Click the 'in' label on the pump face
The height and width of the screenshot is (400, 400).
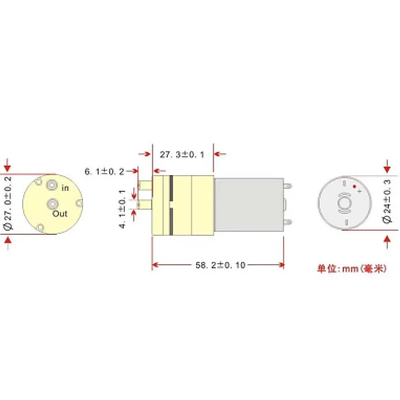click(65, 188)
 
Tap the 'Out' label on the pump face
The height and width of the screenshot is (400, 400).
click(60, 213)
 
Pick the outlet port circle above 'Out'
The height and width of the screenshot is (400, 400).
click(52, 204)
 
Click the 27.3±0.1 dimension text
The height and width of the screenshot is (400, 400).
click(182, 155)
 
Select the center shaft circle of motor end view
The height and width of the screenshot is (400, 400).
click(344, 203)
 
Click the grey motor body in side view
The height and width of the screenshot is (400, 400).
click(247, 203)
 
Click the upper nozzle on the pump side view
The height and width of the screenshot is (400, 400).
click(145, 185)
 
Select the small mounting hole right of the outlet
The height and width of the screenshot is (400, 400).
click(78, 203)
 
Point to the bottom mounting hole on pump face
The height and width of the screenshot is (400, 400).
click(40, 228)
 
